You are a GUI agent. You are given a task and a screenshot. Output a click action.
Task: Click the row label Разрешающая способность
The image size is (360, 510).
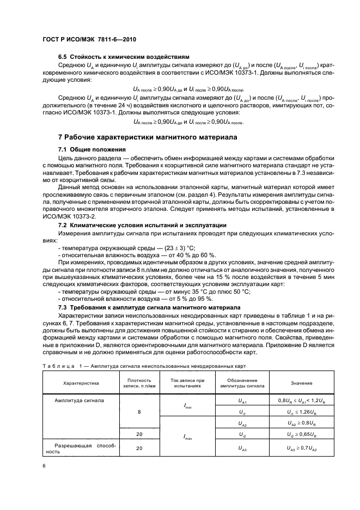(x=78, y=448)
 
